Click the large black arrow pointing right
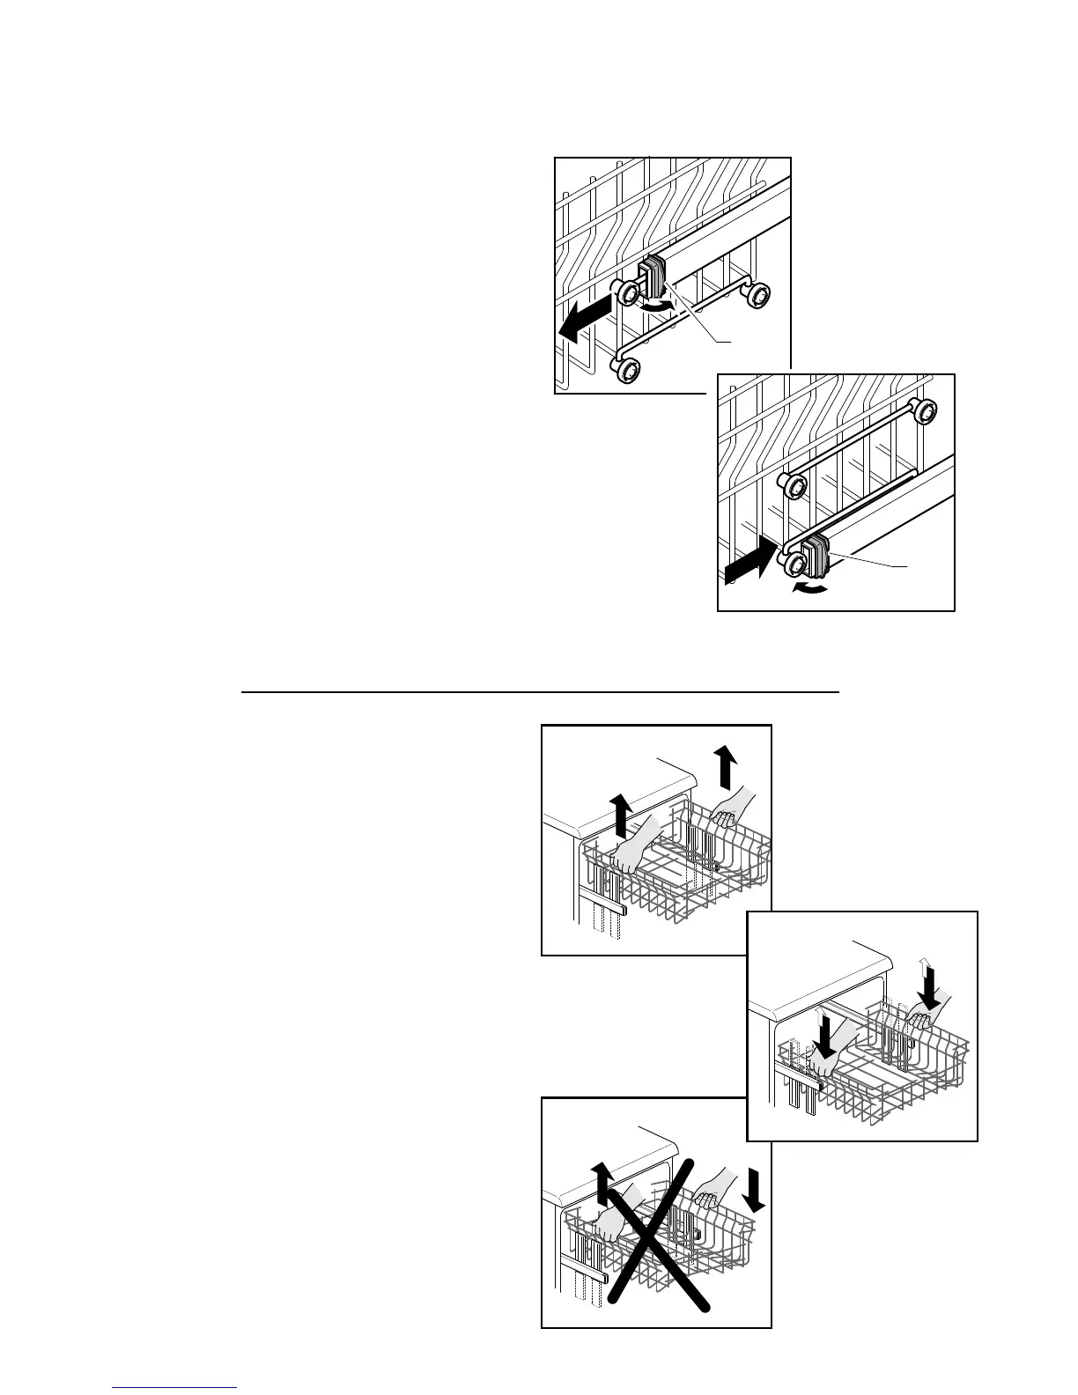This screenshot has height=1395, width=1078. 751,564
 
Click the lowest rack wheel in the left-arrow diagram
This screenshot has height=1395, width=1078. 627,371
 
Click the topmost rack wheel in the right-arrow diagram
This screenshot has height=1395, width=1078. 923,410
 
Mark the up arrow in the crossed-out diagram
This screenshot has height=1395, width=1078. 602,1183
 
